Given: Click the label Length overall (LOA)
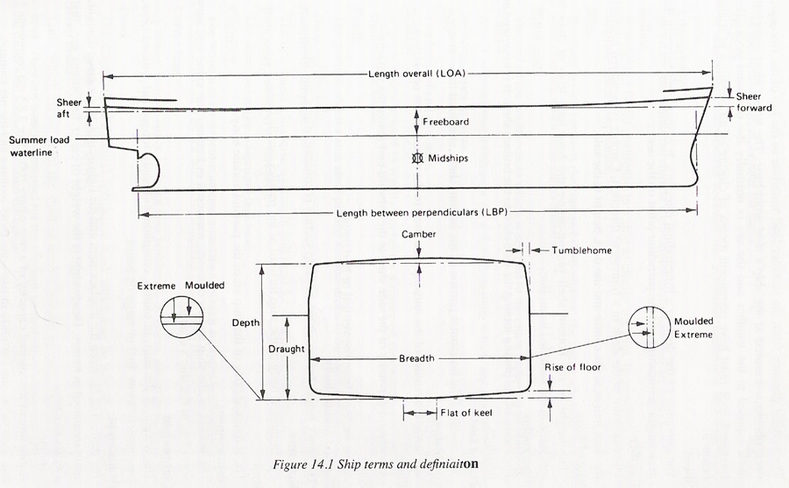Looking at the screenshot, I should pos(410,75).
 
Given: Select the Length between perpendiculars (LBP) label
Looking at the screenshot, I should pos(411,213).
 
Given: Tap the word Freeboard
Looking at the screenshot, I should pos(445,122).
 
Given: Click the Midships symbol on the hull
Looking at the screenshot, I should pos(417,159).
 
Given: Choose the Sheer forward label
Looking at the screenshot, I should pos(753,102).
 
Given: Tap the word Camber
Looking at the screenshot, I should pos(418,235).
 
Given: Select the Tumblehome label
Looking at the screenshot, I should pos(581,251).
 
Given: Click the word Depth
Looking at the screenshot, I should pos(245,323).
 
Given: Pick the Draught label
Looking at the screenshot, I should pos(287,349).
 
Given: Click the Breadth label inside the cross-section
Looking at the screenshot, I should pos(416,359).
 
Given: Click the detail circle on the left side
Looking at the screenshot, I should pos(181,315).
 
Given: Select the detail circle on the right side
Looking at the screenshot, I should pos(650,328).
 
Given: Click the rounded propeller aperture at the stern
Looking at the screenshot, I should pos(150,167).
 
